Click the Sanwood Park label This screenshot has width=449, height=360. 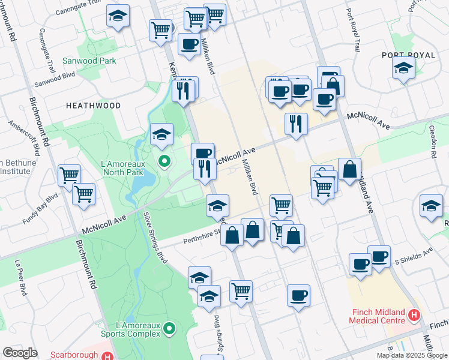pyautogui.click(x=92, y=61)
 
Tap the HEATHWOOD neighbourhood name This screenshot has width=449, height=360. pyautogui.click(x=93, y=106)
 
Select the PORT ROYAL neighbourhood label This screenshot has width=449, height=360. pyautogui.click(x=408, y=55)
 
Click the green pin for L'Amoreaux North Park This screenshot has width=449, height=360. pyautogui.click(x=163, y=161)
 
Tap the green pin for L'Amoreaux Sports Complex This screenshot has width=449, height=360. pyautogui.click(x=169, y=328)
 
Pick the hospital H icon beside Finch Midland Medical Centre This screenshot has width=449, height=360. pyautogui.click(x=414, y=314)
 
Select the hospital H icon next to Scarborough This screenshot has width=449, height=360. pyautogui.click(x=107, y=355)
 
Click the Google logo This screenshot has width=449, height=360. pyautogui.click(x=20, y=352)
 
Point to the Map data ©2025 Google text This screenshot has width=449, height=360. pyautogui.click(x=411, y=355)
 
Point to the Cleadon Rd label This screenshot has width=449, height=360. pyautogui.click(x=432, y=142)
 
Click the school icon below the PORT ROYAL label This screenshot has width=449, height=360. pyautogui.click(x=403, y=69)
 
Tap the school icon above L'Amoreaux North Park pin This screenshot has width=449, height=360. pyautogui.click(x=161, y=135)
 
